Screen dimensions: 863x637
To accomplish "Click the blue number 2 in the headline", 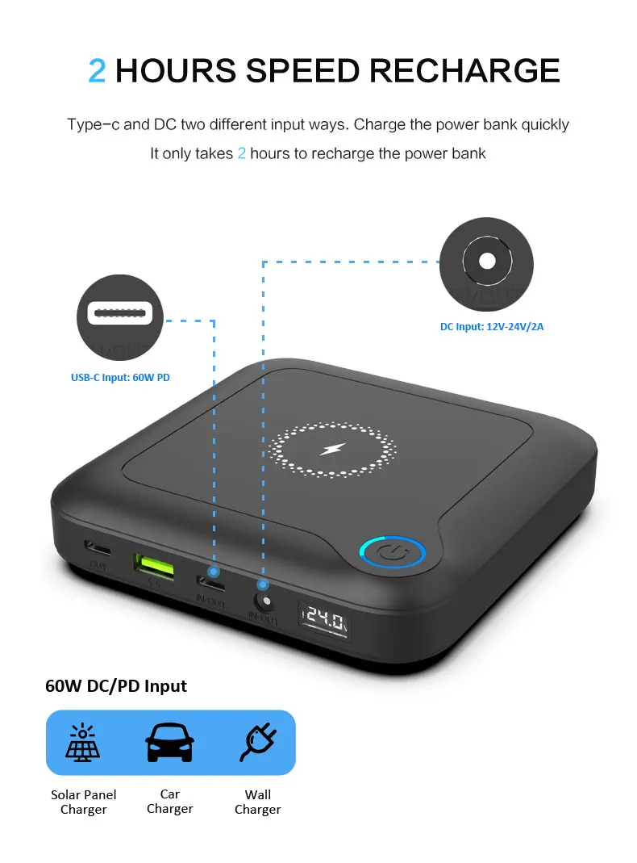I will [97, 70].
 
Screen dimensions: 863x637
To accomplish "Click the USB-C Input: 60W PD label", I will [120, 377].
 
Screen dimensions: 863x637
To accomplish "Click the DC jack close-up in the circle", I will [486, 262].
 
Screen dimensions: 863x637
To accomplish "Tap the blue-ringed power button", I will [392, 553].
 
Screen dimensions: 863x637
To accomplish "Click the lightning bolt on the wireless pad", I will [331, 448].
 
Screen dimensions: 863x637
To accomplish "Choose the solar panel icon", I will [84, 743].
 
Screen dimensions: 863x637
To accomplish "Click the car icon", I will [169, 743].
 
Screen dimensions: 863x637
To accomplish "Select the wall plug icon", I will [258, 743].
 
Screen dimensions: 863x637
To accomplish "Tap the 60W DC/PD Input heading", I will [116, 686].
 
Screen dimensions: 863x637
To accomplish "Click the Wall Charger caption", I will [258, 802].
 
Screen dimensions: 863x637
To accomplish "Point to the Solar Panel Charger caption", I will [84, 802].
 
